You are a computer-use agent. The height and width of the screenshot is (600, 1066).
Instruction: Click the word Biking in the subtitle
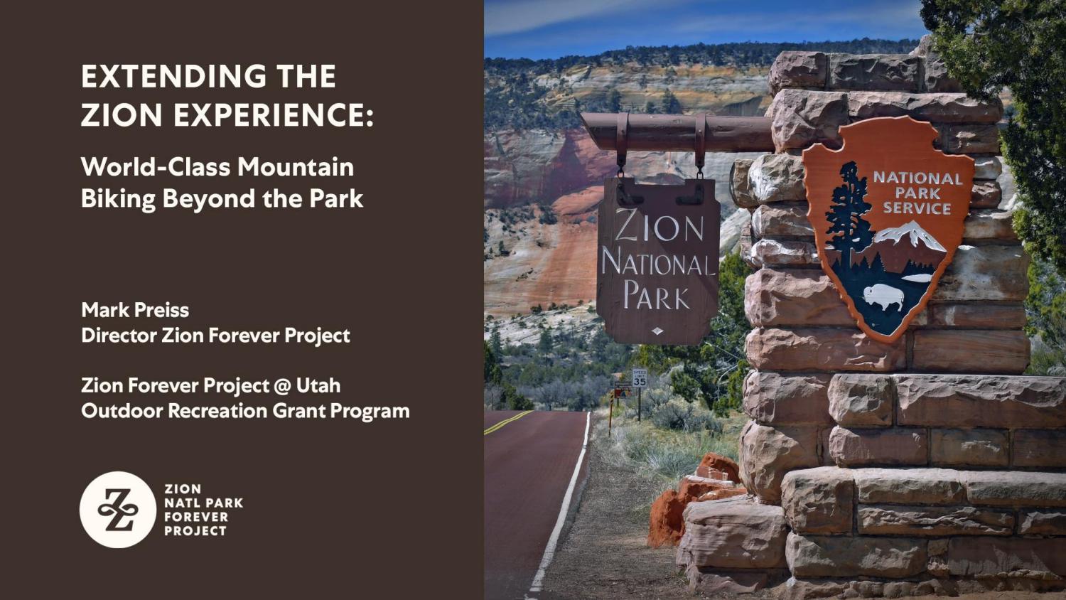pyautogui.click(x=118, y=199)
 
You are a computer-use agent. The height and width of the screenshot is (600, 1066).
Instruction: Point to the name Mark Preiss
pyautogui.click(x=135, y=310)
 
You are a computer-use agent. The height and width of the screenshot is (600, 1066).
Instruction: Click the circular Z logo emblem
pyautogui.click(x=118, y=510)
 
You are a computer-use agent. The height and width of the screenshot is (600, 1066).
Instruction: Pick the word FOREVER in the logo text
pyautogui.click(x=196, y=517)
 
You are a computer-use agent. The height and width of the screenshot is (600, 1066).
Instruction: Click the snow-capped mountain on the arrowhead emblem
pyautogui.click(x=912, y=235)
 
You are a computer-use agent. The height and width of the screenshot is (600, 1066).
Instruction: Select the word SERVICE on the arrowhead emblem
pyautogui.click(x=917, y=208)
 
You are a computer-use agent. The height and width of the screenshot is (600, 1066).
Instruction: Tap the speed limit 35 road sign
pyautogui.click(x=640, y=377)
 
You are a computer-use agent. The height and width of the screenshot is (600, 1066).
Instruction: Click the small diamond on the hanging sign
pyautogui.click(x=657, y=331)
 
